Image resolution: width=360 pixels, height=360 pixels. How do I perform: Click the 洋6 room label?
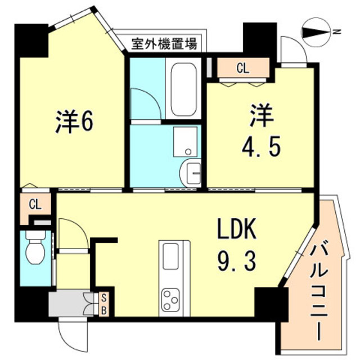(x=74, y=123)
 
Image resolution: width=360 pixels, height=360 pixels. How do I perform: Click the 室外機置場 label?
(x=164, y=44)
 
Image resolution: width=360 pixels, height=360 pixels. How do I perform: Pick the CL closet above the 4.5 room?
(x=242, y=69)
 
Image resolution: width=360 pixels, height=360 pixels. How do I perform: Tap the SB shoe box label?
(x=104, y=304)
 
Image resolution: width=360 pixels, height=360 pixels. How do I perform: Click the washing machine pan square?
(x=186, y=141)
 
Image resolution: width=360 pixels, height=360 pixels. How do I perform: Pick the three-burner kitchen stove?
(x=170, y=298)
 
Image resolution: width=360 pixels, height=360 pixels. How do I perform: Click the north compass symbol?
(x=316, y=32)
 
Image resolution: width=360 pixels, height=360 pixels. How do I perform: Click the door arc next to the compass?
(x=293, y=51)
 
